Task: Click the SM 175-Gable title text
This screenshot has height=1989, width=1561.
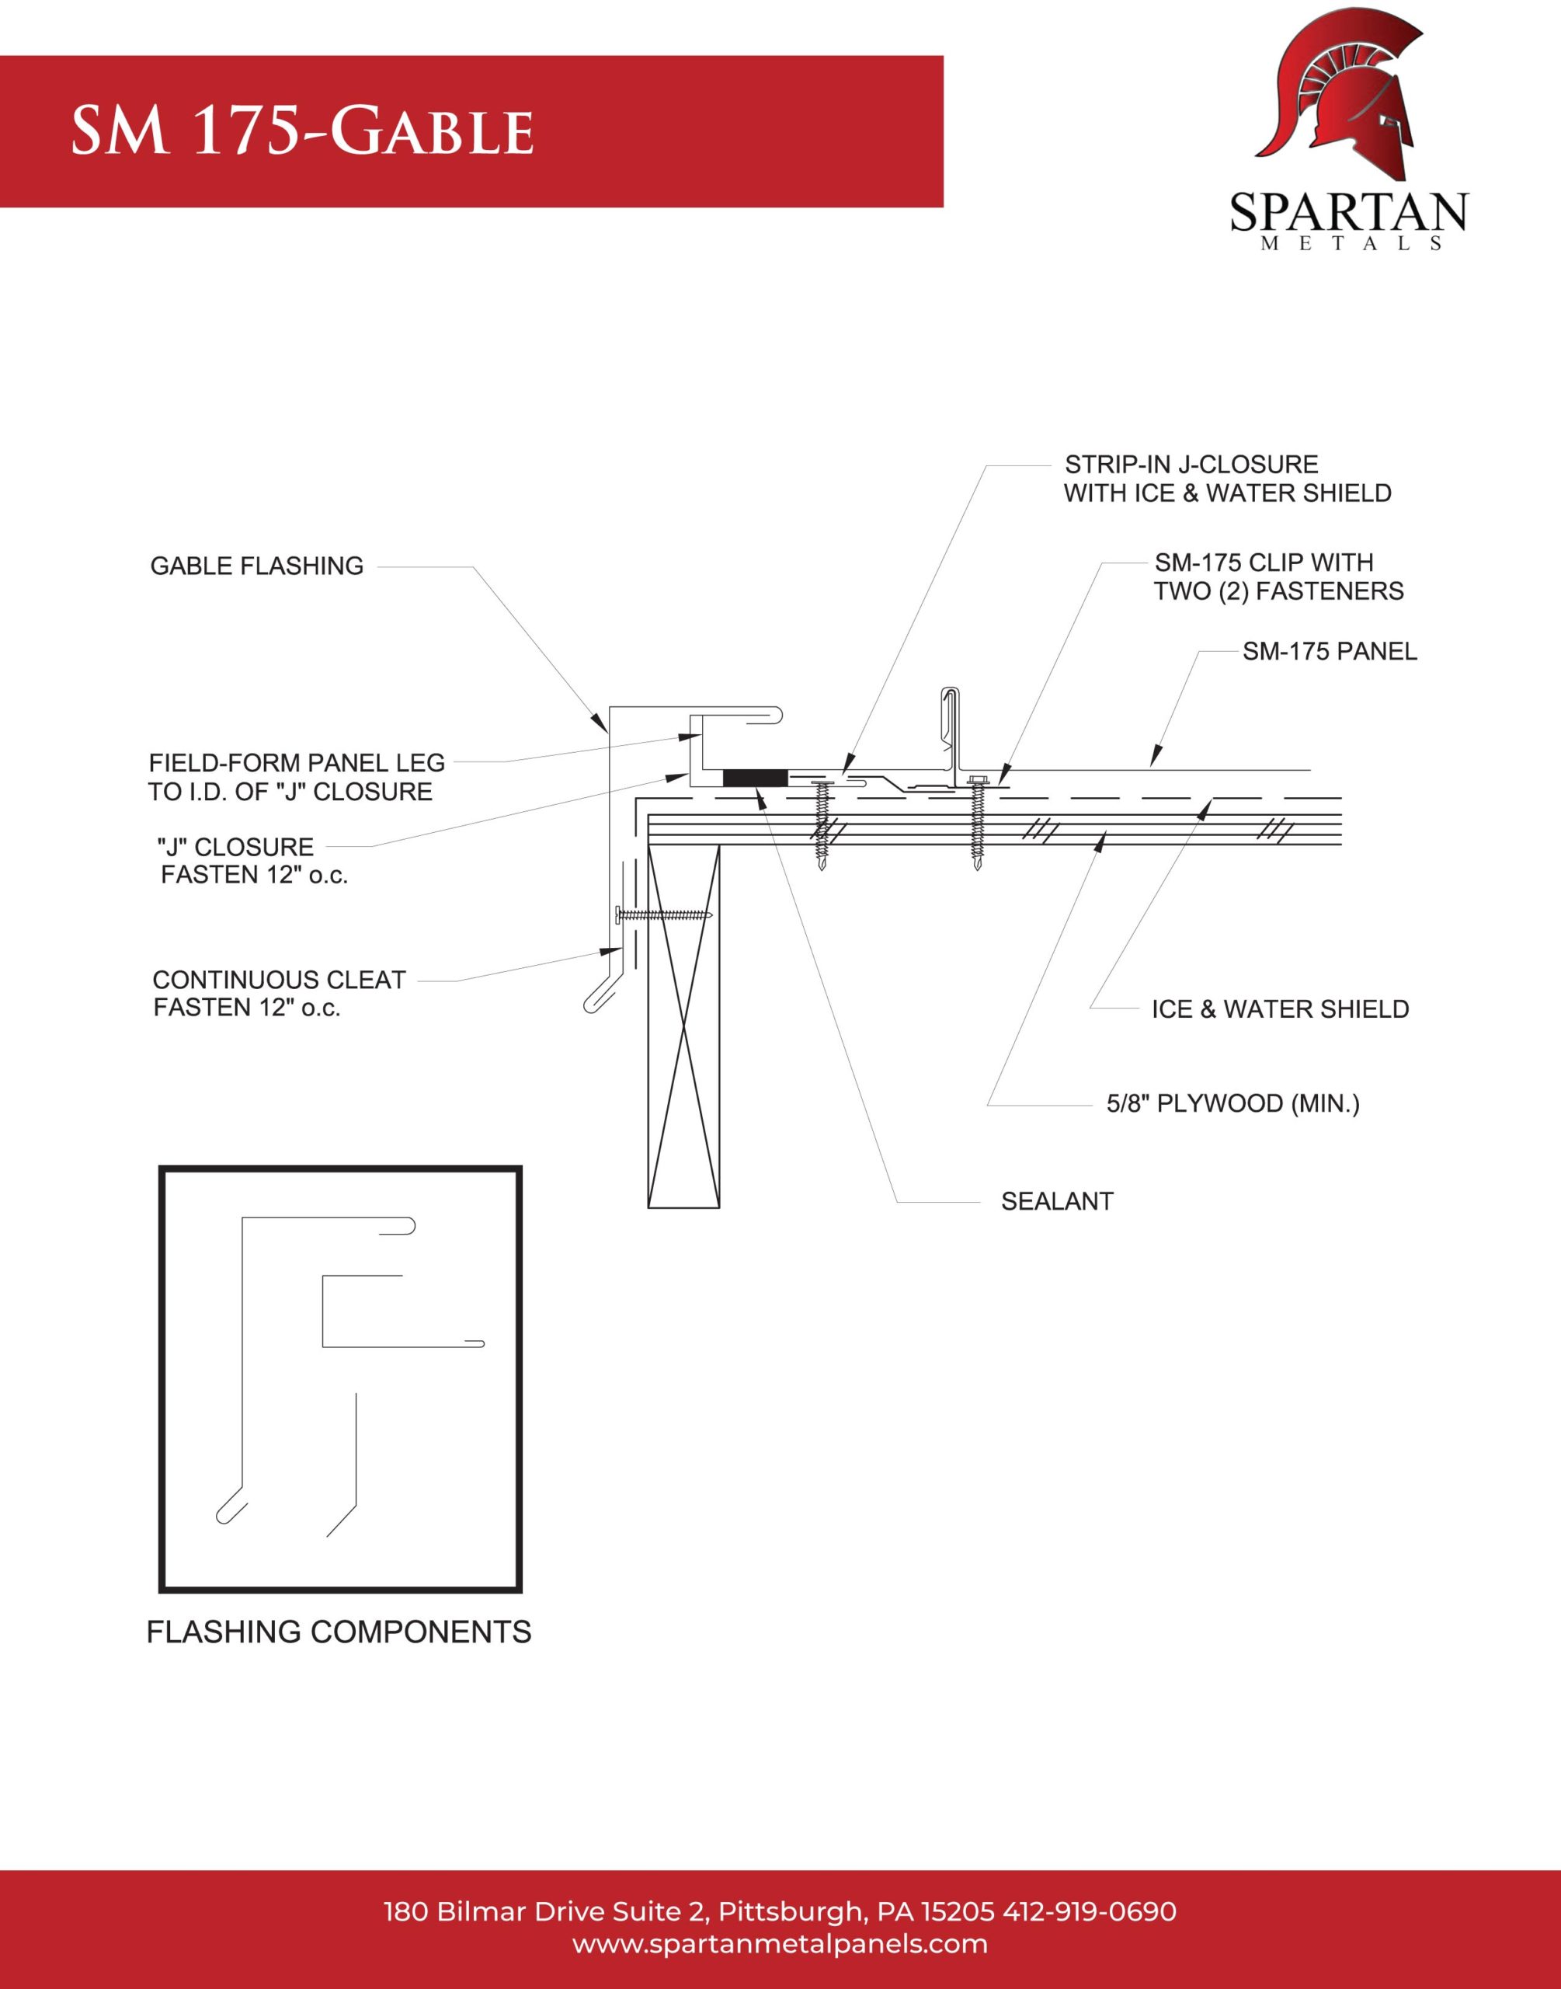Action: [x=303, y=131]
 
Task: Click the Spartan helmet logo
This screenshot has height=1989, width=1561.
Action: [x=1340, y=93]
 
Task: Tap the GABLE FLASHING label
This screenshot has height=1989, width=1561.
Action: [x=257, y=566]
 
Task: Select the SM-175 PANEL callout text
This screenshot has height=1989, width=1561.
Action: [x=1329, y=652]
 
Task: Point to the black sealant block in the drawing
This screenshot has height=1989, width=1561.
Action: [x=755, y=778]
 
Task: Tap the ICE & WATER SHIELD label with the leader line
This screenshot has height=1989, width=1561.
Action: [x=1280, y=1009]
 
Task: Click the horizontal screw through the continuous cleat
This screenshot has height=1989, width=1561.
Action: [x=665, y=914]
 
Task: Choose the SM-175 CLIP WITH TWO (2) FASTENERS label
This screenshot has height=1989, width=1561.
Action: [x=1278, y=576]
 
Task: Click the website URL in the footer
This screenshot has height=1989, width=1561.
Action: [x=780, y=1943]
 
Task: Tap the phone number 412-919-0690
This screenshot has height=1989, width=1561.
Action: [x=1090, y=1911]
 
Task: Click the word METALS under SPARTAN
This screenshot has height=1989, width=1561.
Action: [x=1351, y=244]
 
